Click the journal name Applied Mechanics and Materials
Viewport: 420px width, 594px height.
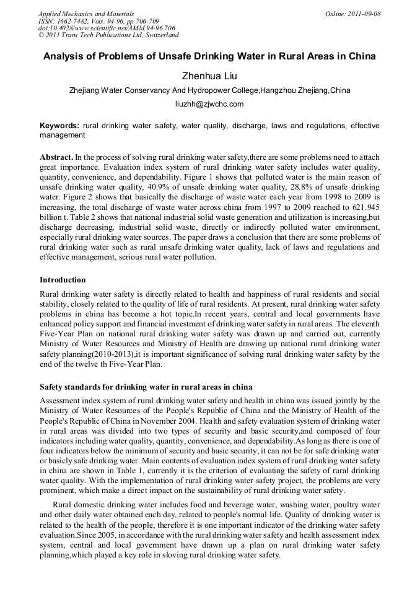86,14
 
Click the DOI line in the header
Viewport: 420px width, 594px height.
107,28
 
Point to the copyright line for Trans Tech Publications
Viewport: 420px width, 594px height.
108,36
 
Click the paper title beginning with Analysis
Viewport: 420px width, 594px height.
209,56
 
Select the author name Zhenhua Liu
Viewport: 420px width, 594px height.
209,76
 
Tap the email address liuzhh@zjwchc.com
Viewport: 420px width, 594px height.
209,104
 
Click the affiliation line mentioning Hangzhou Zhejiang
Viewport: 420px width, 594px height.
209,90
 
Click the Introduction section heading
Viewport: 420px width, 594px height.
63,280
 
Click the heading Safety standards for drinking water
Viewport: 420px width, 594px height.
146,387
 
